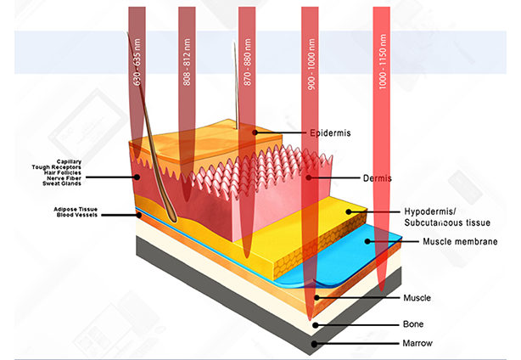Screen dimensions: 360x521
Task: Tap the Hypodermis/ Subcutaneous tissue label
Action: pyautogui.click(x=434, y=217)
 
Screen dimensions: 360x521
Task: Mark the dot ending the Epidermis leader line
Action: pyautogui.click(x=255, y=132)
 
